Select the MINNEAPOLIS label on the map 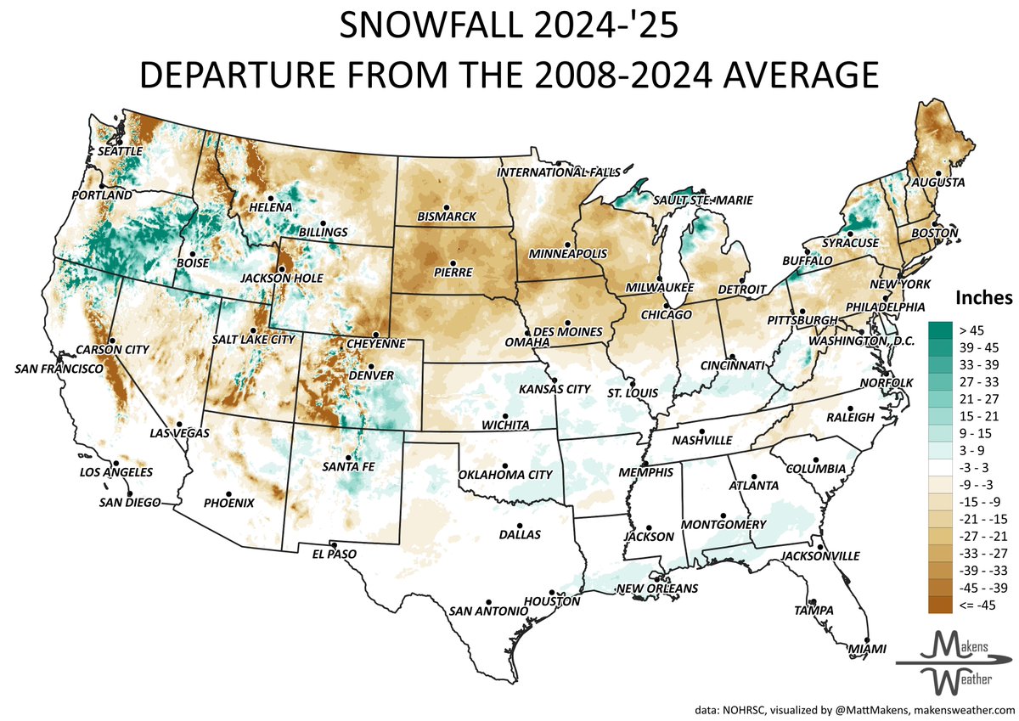[x=567, y=254]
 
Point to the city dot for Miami [x=867, y=639]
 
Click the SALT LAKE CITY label [x=254, y=339]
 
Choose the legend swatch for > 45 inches [x=939, y=329]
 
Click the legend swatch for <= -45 [x=939, y=604]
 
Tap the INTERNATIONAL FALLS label [x=559, y=172]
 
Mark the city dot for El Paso [x=333, y=545]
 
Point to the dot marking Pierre [x=453, y=263]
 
